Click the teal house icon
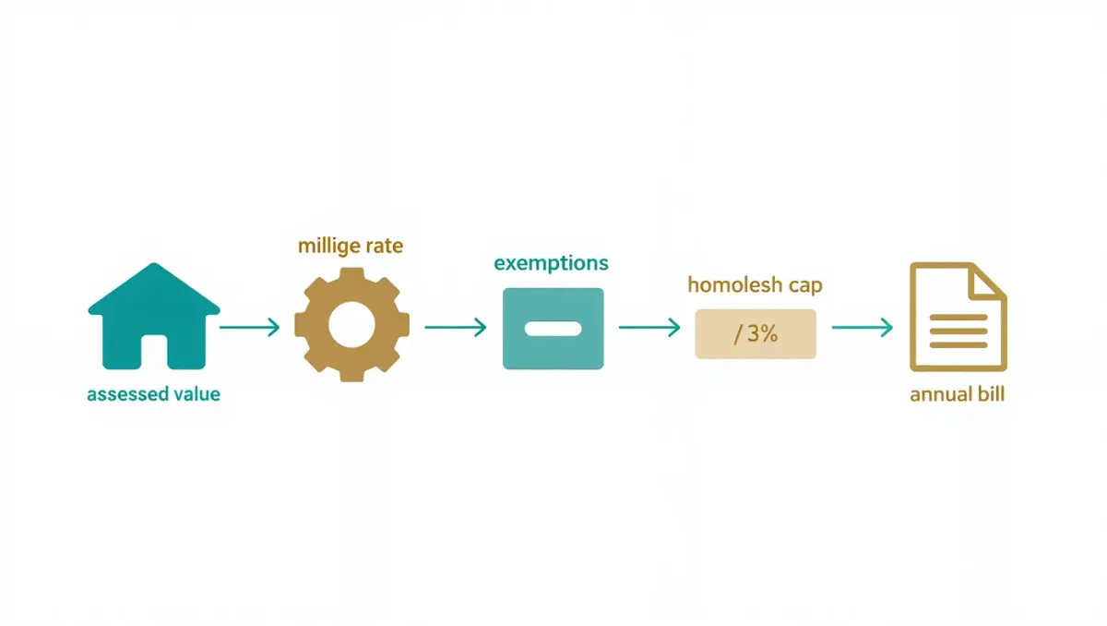(x=154, y=317)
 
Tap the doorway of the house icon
(x=154, y=352)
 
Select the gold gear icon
(x=351, y=325)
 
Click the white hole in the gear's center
(x=351, y=325)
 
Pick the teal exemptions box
(x=553, y=329)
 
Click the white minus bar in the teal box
(x=553, y=329)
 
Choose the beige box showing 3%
(x=756, y=334)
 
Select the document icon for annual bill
(x=958, y=317)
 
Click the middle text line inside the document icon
(x=958, y=331)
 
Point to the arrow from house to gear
(x=250, y=328)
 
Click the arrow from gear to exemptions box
(x=456, y=328)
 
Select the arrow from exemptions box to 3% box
(x=649, y=328)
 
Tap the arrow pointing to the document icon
(x=863, y=328)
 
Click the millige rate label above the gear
(x=351, y=247)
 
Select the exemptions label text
(x=551, y=263)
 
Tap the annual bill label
(x=958, y=394)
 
